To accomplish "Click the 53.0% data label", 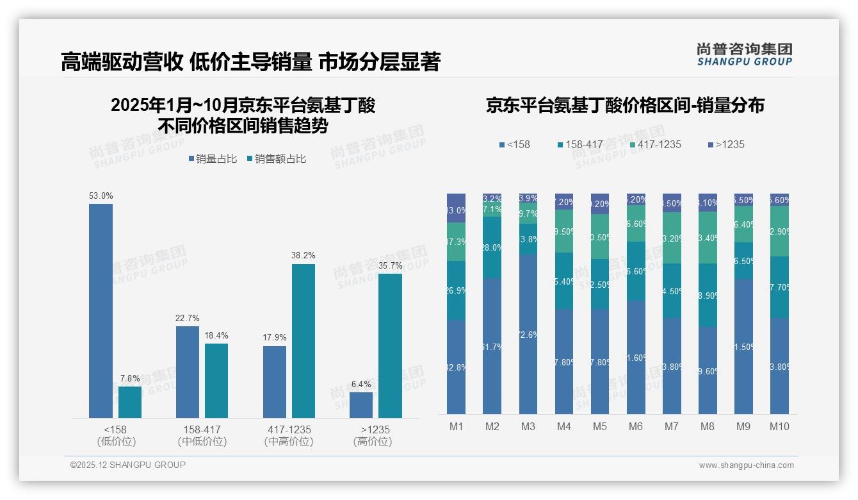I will tap(101, 196).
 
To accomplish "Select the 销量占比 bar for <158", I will tap(101, 311).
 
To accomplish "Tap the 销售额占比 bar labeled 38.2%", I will tap(304, 341).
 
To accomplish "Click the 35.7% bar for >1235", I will tap(390, 346).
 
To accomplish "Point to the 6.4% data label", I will tap(360, 385).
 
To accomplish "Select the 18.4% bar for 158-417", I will tap(216, 381).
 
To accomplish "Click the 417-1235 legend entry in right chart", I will tap(655, 145).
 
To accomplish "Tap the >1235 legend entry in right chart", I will tap(726, 145).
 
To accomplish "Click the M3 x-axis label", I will tap(528, 427).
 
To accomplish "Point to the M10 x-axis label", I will tap(779, 427).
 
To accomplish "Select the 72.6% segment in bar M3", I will tap(528, 334).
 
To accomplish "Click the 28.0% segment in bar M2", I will tap(492, 247).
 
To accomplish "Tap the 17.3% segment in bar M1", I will tap(456, 242).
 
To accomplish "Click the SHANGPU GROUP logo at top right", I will tap(744, 54).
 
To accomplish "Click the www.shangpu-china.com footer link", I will tap(746, 465).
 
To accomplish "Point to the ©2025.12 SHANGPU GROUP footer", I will tap(128, 465).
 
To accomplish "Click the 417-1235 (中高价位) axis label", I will tap(288, 435).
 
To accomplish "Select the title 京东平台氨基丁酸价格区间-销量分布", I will tap(625, 106).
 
